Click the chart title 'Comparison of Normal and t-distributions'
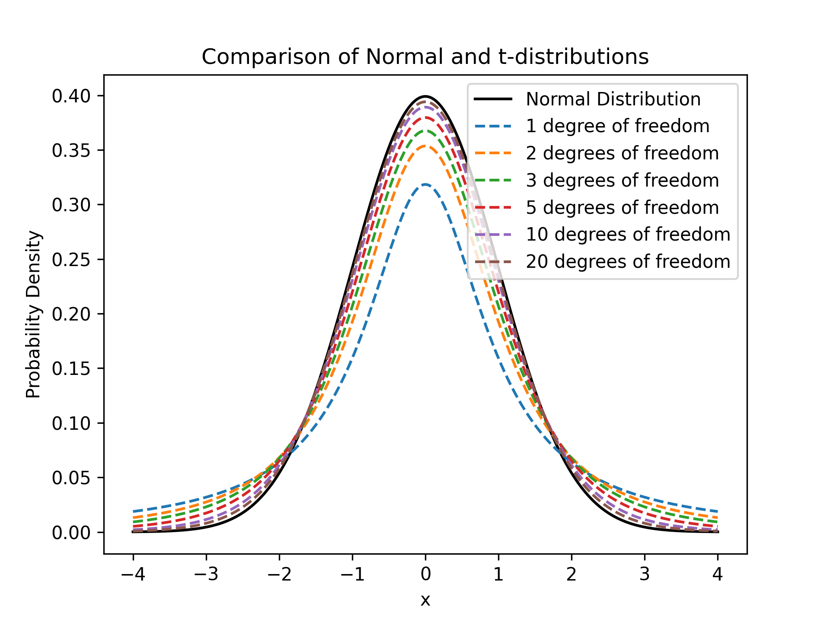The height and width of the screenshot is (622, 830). click(x=425, y=57)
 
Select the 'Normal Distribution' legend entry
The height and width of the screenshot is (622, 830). click(x=613, y=99)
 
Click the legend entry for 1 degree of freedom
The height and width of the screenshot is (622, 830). click(x=617, y=126)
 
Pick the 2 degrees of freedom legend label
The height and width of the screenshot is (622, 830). click(x=622, y=153)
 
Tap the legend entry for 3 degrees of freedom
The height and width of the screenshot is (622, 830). click(x=622, y=181)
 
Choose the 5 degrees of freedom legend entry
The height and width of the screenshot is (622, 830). click(x=622, y=208)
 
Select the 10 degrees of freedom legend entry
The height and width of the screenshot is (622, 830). click(x=628, y=235)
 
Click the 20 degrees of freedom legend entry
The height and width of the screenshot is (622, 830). click(x=628, y=262)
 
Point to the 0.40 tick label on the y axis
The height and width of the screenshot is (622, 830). click(x=71, y=96)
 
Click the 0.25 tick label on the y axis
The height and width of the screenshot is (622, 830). click(x=71, y=260)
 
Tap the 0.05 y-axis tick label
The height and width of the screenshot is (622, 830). click(x=71, y=478)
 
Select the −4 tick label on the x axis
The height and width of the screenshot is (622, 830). click(x=133, y=574)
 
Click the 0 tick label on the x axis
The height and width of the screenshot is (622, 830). click(x=425, y=574)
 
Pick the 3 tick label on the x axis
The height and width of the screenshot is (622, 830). click(x=645, y=574)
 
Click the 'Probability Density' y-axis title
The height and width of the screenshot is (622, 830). click(x=33, y=314)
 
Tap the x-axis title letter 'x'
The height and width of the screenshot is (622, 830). click(x=425, y=600)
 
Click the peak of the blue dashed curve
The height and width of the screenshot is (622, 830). click(x=425, y=184)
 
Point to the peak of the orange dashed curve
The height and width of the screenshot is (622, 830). click(x=425, y=146)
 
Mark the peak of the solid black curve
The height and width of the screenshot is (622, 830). click(x=425, y=96)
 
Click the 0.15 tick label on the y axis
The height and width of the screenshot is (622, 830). click(x=71, y=369)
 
